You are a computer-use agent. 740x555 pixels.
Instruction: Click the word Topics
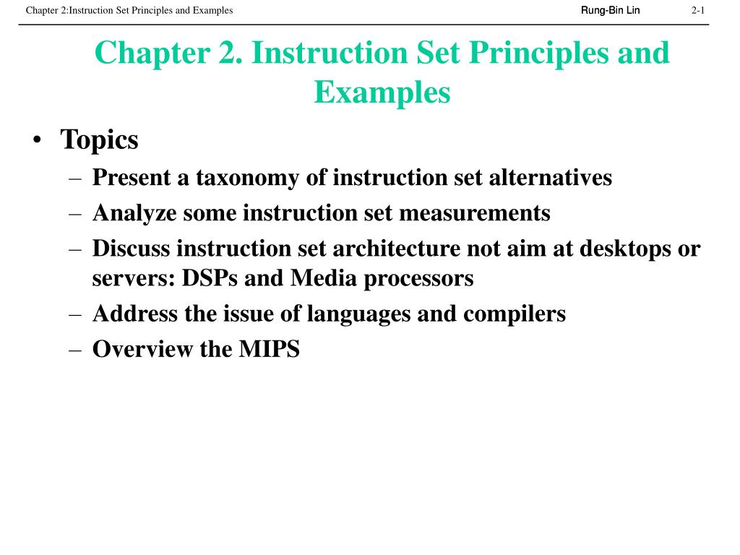99,139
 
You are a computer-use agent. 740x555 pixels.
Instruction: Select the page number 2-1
697,10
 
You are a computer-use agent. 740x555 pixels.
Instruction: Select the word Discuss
131,249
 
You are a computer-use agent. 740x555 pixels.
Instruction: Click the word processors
418,278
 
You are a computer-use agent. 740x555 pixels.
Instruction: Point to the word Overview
138,350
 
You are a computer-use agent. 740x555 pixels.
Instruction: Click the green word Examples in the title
382,92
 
